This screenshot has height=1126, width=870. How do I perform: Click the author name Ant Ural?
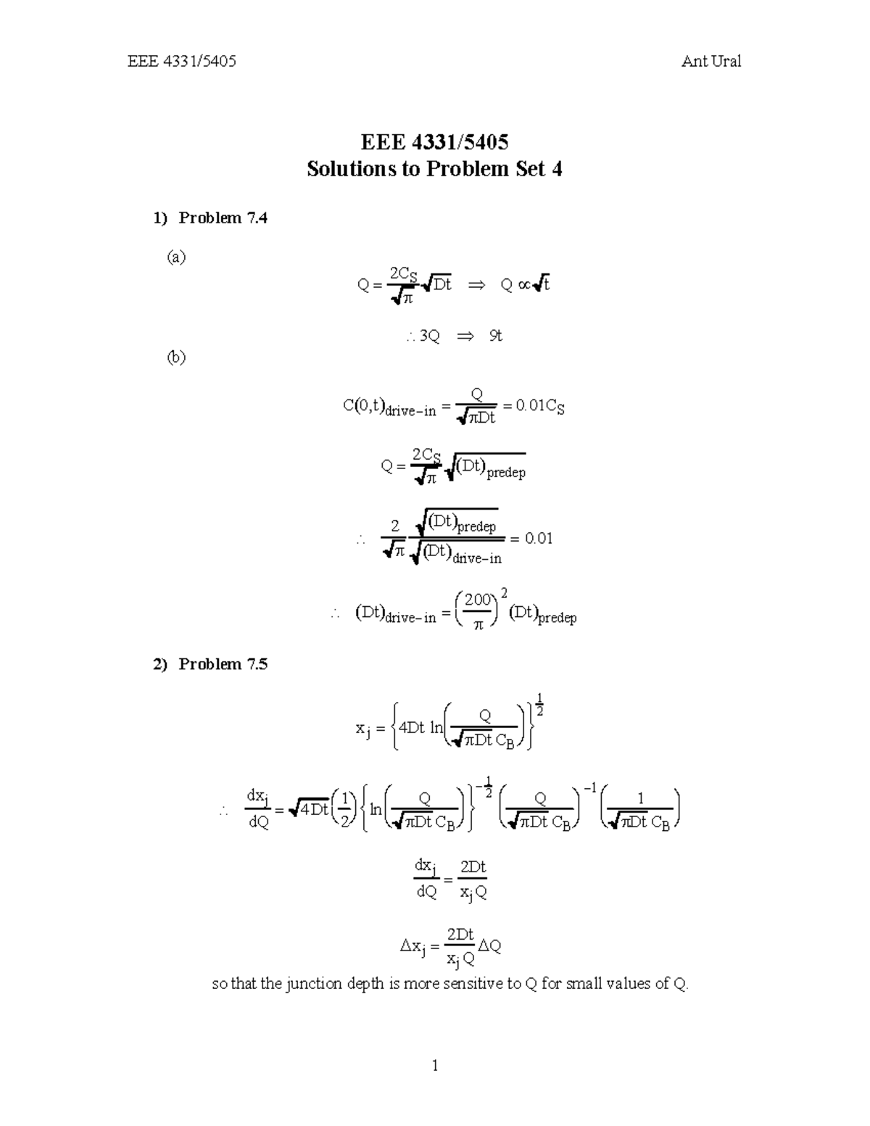coord(710,62)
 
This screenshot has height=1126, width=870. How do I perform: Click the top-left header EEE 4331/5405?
coord(182,62)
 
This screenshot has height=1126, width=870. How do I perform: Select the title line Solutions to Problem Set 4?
coord(434,169)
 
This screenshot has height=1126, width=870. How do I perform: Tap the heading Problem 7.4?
coord(223,218)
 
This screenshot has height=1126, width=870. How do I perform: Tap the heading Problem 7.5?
coord(223,664)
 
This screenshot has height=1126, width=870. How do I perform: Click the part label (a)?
coord(176,257)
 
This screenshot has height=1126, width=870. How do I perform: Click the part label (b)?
coord(176,357)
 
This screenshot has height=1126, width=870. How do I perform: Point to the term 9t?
coord(495,336)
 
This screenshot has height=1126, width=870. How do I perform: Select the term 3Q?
coord(429,336)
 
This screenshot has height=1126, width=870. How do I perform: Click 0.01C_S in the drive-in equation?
coord(539,406)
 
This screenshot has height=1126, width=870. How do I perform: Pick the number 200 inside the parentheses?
coord(478,600)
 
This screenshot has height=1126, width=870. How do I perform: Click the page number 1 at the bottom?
coord(435,1065)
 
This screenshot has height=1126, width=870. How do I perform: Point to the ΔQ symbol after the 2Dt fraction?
coord(490,946)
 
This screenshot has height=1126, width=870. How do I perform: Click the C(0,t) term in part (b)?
coord(362,406)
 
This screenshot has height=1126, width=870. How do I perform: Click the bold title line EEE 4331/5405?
coord(434,141)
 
